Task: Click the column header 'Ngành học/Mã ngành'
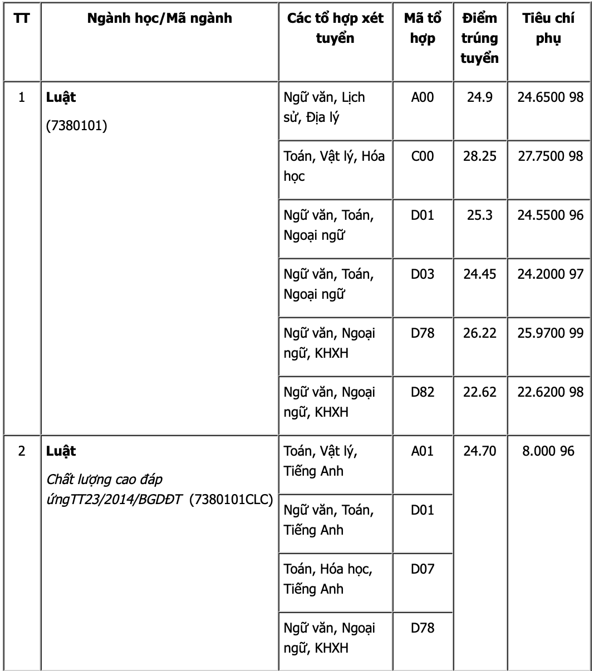coord(159,18)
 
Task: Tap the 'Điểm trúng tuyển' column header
coord(479,38)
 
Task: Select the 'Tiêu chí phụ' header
coord(548,28)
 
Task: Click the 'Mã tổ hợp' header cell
coord(423,28)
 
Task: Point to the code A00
coord(422,97)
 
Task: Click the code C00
coord(422,156)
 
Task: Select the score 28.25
coord(479,156)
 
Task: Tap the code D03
coord(422,274)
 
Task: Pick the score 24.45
coord(479,274)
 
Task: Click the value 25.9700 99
coord(550,333)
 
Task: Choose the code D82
coord(422,392)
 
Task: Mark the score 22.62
coord(479,392)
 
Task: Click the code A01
coord(422,451)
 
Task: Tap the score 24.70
coord(479,451)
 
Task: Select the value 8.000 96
coord(548,451)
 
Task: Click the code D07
coord(422,569)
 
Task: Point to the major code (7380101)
coord(76,126)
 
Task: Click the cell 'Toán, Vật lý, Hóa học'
coord(334,166)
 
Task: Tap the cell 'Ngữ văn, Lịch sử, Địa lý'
coord(324,107)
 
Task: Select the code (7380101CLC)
coord(231,500)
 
